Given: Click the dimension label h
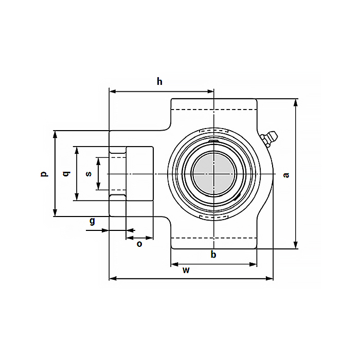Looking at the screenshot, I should coord(160,81).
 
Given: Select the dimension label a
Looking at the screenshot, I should coord(286,175).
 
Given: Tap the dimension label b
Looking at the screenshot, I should coord(213,255).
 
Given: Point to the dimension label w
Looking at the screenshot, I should coord(187,271).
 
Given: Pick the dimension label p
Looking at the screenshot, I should coord(44,174).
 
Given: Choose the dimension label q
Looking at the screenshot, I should coord(65,174).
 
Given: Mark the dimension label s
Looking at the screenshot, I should coord(88,174).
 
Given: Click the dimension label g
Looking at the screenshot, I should coord(92,221).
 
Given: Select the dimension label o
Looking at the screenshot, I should coord(139,244).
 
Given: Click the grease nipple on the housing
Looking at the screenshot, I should coord(269,138).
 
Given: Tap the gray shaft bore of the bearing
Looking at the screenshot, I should coord(213,174).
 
